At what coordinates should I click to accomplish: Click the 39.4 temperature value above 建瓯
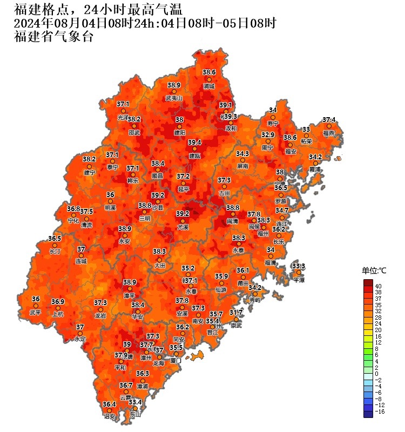tap(194, 143)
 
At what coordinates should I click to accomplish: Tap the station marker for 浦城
tap(209, 79)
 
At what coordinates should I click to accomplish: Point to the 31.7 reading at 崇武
tap(236, 313)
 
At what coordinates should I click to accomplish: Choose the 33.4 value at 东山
tap(136, 402)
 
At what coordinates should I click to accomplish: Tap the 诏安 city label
tap(110, 417)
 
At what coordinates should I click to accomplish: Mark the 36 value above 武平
tap(36, 299)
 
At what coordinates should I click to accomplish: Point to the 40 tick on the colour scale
tap(379, 286)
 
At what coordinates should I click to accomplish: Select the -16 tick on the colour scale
tap(380, 412)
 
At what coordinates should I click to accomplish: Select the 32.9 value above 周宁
tap(268, 134)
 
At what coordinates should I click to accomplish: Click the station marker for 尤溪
tap(183, 220)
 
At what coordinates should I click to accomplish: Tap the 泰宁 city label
tap(112, 167)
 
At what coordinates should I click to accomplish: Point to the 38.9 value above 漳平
tap(130, 282)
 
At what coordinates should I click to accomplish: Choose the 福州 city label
tap(264, 234)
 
